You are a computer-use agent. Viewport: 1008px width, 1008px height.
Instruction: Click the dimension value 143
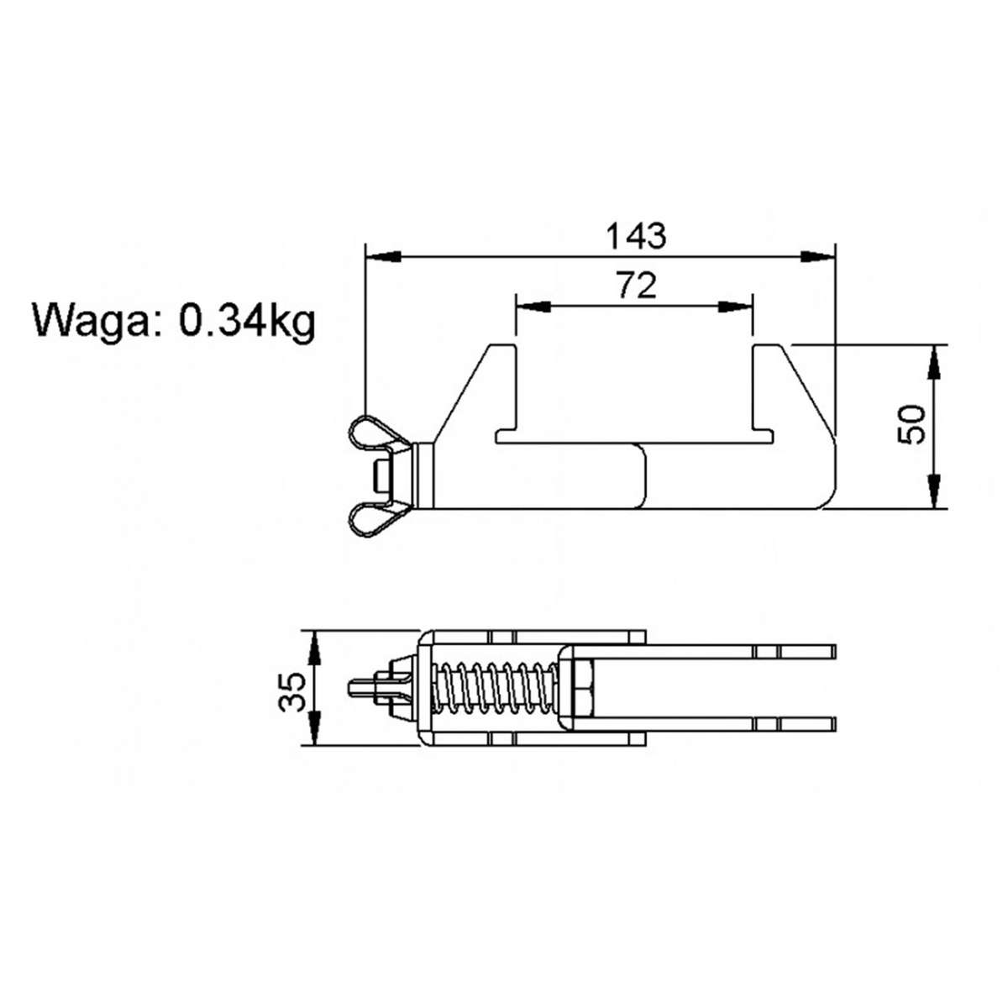tap(636, 236)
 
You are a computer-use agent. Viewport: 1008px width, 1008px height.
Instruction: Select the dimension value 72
tap(635, 286)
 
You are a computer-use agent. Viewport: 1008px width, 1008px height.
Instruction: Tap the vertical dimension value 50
tap(911, 424)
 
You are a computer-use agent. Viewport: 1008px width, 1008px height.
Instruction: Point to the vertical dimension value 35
tap(292, 690)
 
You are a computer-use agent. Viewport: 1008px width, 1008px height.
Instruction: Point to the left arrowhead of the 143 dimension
tap(382, 256)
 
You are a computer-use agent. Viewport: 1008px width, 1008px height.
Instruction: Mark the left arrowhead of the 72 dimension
tap(532, 307)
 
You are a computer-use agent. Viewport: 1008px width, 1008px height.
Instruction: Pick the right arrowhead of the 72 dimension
tap(736, 307)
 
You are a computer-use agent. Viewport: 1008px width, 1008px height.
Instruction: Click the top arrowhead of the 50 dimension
tap(933, 361)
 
